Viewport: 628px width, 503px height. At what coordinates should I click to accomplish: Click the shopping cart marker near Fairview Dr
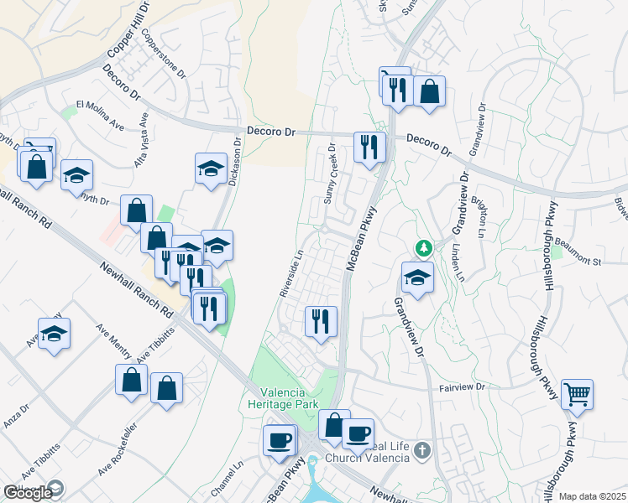click(577, 394)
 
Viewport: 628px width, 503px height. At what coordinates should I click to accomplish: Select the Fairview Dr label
click(463, 387)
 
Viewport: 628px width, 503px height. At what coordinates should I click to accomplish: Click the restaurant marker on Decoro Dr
click(369, 148)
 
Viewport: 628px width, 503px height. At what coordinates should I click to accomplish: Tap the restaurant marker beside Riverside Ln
click(320, 322)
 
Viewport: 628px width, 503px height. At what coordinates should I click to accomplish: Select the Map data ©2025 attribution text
click(592, 496)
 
